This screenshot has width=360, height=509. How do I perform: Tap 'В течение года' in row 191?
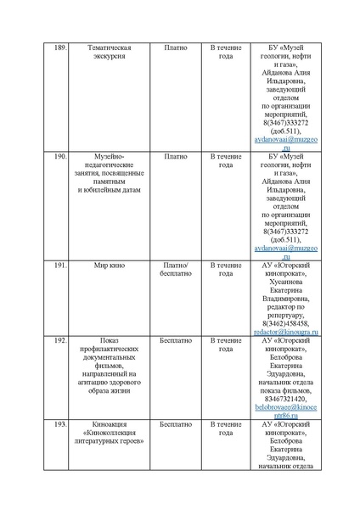click(226, 270)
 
